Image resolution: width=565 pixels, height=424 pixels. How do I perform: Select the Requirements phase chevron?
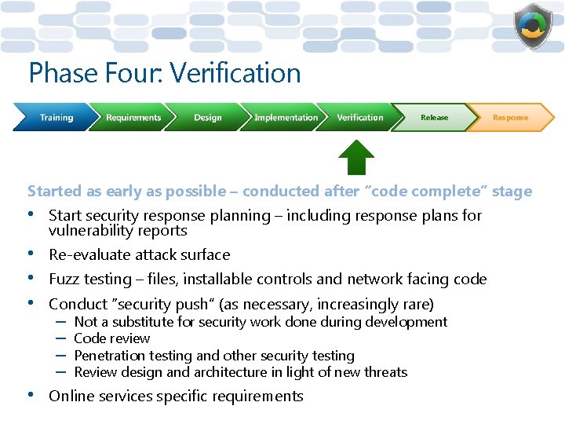point(133,118)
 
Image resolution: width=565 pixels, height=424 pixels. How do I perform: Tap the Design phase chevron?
point(207,118)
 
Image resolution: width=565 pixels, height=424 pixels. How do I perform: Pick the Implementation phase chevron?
point(286,118)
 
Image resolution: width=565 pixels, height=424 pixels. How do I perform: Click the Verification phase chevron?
point(360,118)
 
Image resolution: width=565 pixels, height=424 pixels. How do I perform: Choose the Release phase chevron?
point(434,118)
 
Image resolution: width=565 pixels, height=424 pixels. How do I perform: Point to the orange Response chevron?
point(511,118)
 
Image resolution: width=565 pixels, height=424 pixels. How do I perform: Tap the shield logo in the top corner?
point(534,27)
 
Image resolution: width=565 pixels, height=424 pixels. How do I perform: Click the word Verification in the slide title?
point(235,73)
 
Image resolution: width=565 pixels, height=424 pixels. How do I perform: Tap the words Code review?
point(111,338)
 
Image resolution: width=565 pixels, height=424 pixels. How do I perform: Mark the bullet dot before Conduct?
point(32,303)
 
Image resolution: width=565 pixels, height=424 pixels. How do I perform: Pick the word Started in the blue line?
point(54,191)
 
